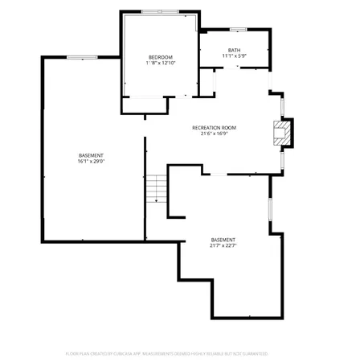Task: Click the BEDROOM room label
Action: click(161, 56)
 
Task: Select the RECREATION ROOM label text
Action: click(213, 128)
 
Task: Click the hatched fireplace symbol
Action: click(280, 134)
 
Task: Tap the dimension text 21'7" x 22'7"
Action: click(223, 245)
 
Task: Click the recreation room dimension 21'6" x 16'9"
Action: click(213, 134)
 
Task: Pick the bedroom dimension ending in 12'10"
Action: click(161, 62)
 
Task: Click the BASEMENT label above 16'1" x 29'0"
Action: click(90, 155)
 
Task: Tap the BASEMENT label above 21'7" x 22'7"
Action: click(223, 240)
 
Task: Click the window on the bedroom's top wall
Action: click(160, 11)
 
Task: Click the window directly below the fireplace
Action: click(281, 161)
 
